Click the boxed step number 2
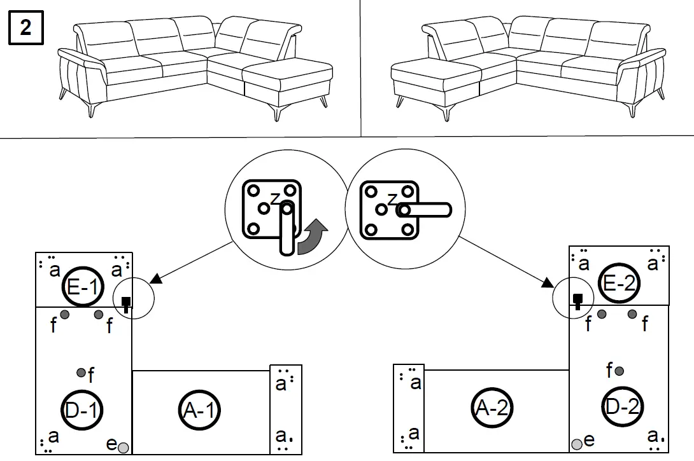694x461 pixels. coord(26,29)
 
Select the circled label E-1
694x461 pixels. coord(82,288)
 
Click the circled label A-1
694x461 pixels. coord(199,411)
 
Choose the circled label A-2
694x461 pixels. coord(492,408)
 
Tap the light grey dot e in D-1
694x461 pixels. coord(124,448)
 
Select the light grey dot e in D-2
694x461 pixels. coord(577,444)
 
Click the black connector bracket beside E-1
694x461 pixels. coord(126,303)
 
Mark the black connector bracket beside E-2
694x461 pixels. coord(578,300)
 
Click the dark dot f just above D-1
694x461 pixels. coord(81,372)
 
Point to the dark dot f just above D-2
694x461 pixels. coord(619,370)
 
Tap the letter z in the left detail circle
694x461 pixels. coord(274,198)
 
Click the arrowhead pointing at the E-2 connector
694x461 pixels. coord(548,283)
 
